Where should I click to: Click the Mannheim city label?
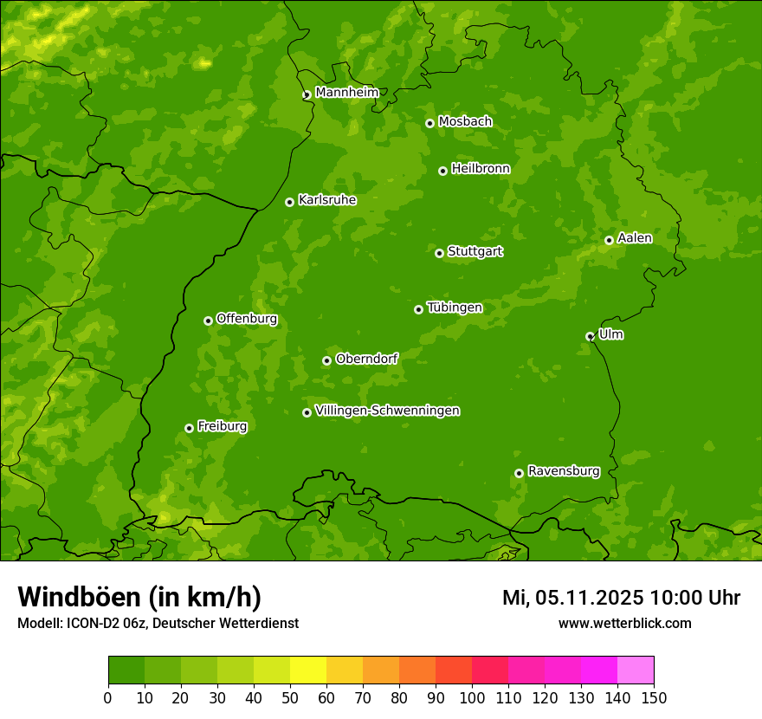347,93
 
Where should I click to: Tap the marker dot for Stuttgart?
439,253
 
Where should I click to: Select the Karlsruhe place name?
327,200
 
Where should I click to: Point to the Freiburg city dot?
189,428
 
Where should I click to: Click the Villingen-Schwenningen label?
388,411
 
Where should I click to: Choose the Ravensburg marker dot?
519,473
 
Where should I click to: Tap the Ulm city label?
611,334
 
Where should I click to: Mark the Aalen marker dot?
609,240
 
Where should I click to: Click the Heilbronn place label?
481,169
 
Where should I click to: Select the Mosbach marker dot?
429,123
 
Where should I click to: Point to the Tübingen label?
455,308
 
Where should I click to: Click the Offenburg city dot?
208,321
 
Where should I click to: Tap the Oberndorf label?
367,359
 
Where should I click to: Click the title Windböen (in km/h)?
139,597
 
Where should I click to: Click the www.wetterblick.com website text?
624,624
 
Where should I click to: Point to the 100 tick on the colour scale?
472,697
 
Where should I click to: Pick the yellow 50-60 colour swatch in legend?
308,670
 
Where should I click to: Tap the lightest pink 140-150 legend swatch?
636,670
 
